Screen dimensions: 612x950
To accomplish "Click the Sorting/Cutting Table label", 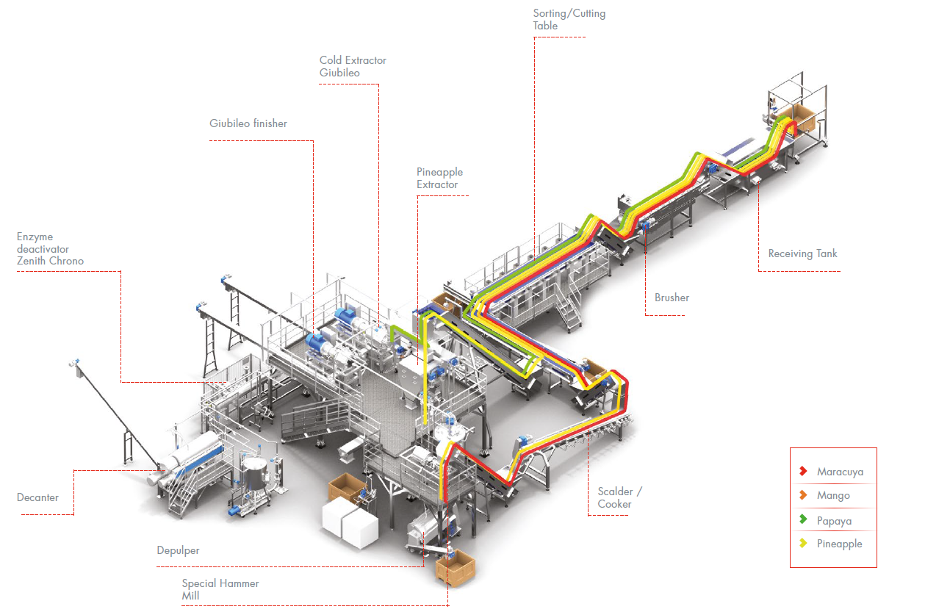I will (569, 20).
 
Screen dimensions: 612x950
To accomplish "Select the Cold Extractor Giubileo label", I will (353, 66).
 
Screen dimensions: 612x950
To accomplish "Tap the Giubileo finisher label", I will (248, 123).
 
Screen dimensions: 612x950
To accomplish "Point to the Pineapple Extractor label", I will (439, 179).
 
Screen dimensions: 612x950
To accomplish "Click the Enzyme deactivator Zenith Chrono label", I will (50, 249).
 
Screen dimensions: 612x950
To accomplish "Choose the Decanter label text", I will (37, 497).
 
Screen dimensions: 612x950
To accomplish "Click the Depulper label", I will (178, 550).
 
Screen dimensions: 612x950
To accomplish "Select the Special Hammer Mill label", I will (220, 589).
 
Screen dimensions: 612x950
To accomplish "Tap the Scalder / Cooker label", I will (620, 497).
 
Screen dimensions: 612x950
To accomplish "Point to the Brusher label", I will (672, 298).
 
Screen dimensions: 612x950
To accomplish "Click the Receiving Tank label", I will (802, 253).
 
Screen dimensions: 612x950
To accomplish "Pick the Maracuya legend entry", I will (840, 472).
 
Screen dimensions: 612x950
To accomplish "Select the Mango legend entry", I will (833, 496).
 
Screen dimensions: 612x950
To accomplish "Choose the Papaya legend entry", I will (834, 521).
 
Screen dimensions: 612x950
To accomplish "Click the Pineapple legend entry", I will (839, 544).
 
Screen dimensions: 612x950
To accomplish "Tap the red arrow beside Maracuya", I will (803, 471).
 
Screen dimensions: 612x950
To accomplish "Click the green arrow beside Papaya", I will (803, 520).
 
